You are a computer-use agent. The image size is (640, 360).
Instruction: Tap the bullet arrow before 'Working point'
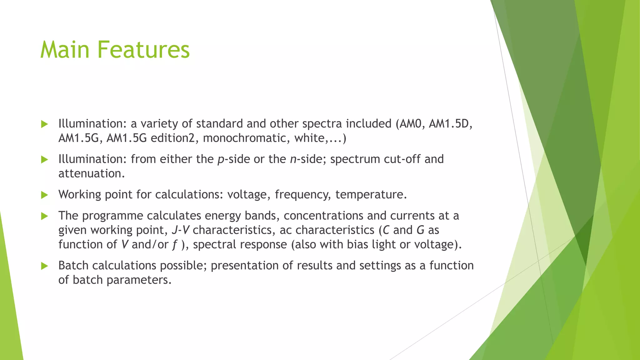click(44, 195)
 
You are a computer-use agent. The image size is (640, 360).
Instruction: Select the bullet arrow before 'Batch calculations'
click(44, 266)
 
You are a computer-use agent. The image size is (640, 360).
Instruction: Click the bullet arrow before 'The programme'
click(44, 216)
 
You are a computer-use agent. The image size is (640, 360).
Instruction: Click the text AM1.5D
click(450, 124)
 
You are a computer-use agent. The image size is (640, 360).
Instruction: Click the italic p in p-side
click(221, 160)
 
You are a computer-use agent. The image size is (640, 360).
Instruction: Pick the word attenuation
click(92, 173)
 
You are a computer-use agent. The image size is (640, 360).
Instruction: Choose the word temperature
click(371, 195)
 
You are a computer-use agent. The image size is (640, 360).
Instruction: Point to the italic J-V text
click(181, 230)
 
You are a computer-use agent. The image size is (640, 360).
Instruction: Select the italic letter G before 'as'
click(420, 230)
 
